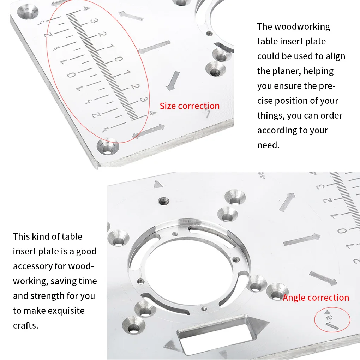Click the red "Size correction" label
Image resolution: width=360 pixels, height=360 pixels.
point(190,106)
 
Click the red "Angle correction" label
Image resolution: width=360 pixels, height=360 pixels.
point(316,298)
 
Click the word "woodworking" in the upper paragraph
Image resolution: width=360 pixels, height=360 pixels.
point(302,26)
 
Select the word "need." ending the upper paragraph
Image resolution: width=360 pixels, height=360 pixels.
point(268,145)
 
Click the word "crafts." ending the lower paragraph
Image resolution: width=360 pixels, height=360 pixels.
point(25,325)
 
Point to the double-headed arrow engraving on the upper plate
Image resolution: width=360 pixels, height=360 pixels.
point(148,131)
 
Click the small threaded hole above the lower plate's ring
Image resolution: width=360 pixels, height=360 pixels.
point(163,201)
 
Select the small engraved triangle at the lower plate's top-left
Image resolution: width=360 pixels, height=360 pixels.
point(157,184)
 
